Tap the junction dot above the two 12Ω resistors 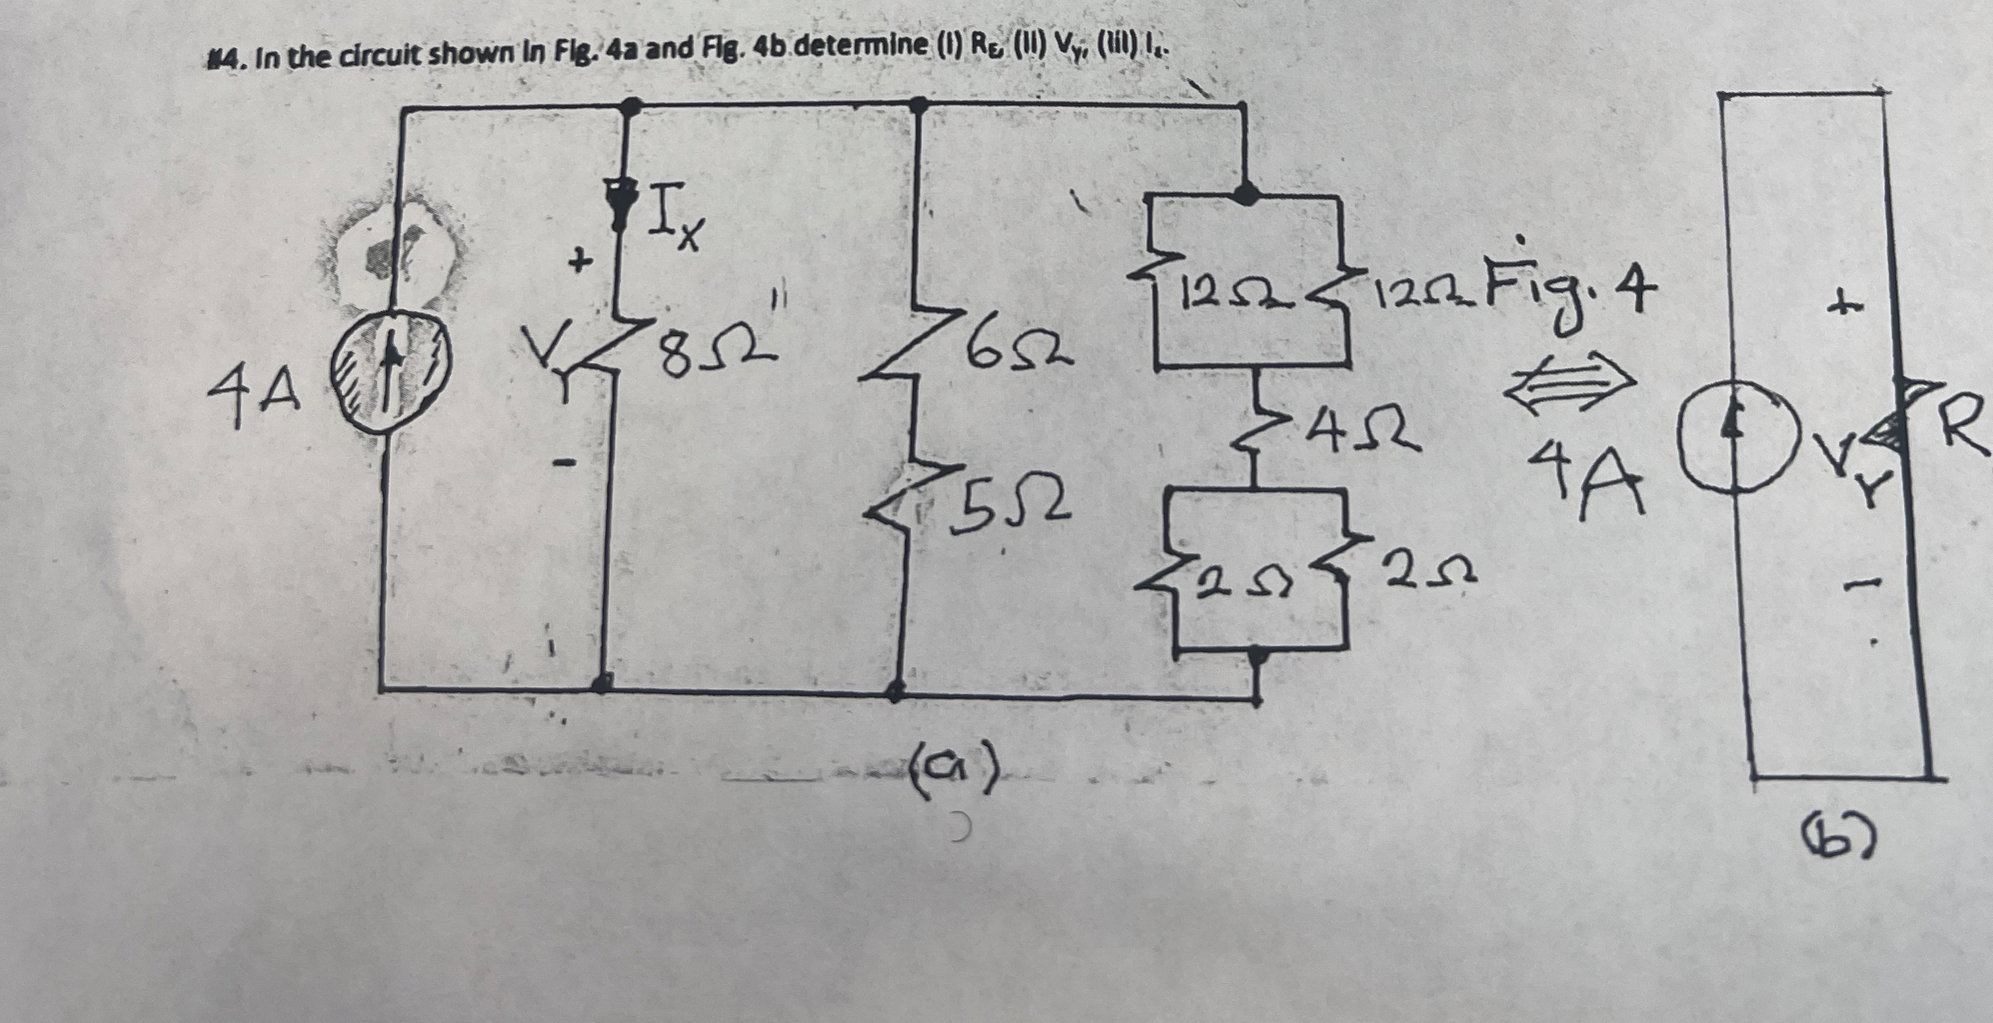[1245, 193]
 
